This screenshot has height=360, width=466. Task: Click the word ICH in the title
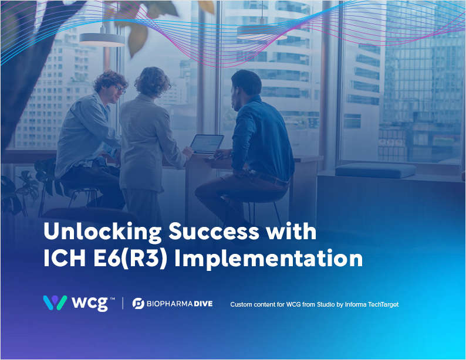(63, 259)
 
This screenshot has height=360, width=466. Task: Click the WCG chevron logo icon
(55, 303)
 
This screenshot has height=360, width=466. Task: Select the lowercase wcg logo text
(89, 304)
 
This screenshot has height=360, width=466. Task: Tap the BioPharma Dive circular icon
(139, 303)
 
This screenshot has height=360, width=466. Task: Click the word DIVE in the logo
(201, 304)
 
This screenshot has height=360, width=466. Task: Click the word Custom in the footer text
(242, 304)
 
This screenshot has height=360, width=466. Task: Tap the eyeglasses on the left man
(120, 88)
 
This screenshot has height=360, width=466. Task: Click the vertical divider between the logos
(122, 303)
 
